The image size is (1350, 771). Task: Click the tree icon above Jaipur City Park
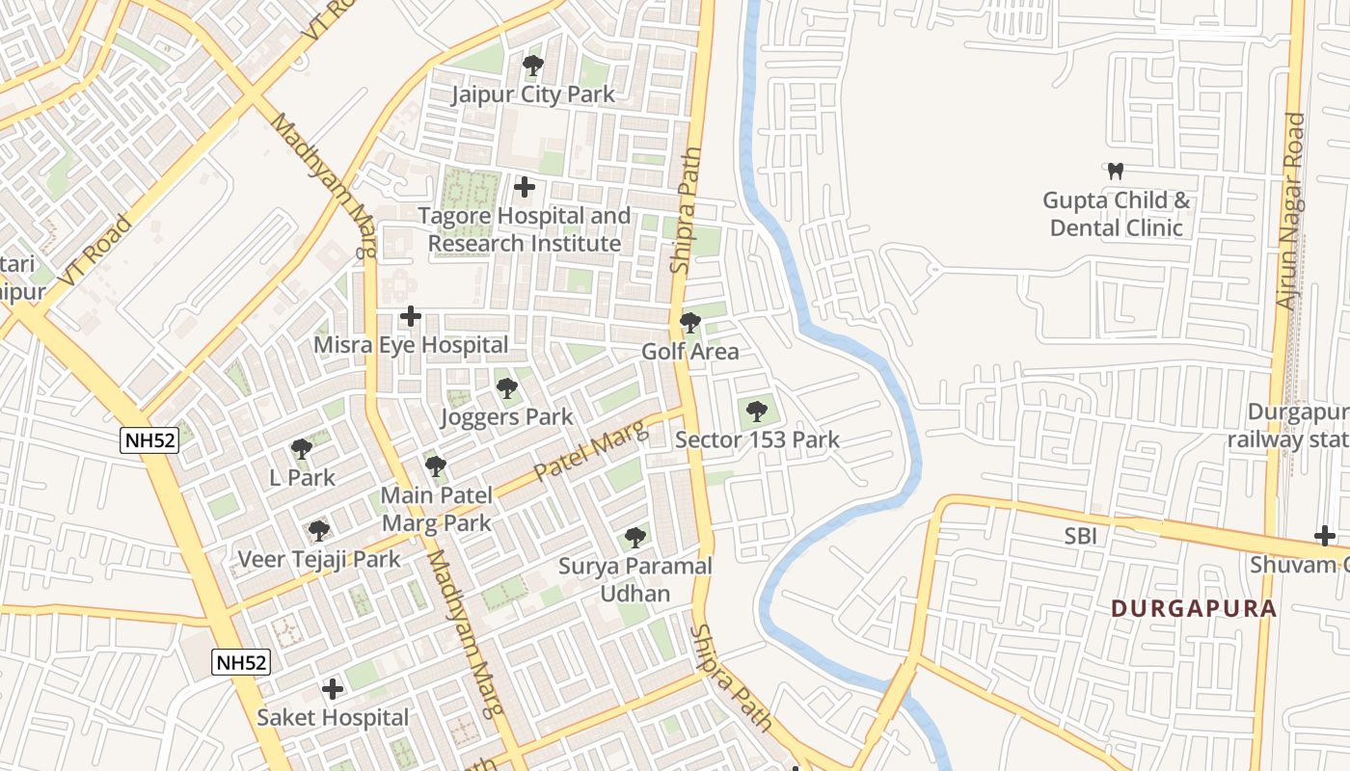point(532,66)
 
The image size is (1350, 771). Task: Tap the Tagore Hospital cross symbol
point(525,186)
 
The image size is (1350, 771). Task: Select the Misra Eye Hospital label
point(411,345)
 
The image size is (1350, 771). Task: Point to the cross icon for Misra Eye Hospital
point(411,316)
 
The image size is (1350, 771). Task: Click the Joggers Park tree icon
point(506,388)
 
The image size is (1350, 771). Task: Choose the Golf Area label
point(690,352)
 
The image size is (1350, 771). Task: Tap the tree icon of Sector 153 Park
point(757,412)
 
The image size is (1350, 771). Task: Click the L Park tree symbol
point(302,449)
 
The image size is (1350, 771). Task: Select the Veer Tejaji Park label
point(319,560)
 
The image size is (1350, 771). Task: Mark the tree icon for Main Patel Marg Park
point(436,466)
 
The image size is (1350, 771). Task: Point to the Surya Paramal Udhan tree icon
point(634,537)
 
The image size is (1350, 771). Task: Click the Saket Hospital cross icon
point(333,689)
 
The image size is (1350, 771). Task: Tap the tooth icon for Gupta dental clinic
point(1117,172)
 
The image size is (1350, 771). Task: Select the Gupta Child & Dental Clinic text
point(1117,215)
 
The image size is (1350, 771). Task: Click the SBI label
point(1081,537)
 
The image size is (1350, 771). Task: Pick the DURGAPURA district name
point(1194,609)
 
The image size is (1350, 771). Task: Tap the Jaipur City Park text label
point(533,94)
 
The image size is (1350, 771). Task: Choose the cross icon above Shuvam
point(1325,536)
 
